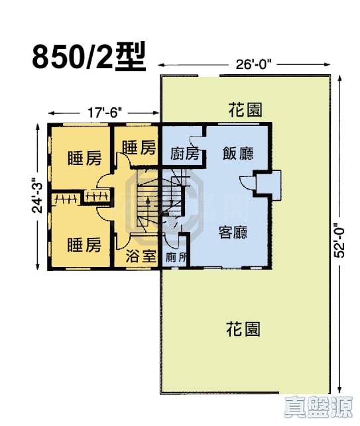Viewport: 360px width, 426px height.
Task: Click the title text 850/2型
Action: click(88, 57)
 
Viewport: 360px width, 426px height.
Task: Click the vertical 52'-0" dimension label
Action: click(341, 240)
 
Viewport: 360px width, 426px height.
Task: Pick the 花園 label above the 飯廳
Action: click(242, 110)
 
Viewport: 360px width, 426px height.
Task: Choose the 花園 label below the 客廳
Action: click(242, 329)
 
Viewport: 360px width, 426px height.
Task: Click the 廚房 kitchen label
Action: click(183, 154)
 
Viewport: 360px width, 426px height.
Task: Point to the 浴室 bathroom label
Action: click(140, 257)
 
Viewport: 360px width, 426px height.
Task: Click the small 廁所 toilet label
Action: click(175, 257)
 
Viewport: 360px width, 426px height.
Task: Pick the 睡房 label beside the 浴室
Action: click(84, 245)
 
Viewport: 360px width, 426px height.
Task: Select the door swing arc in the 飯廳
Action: click(247, 184)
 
